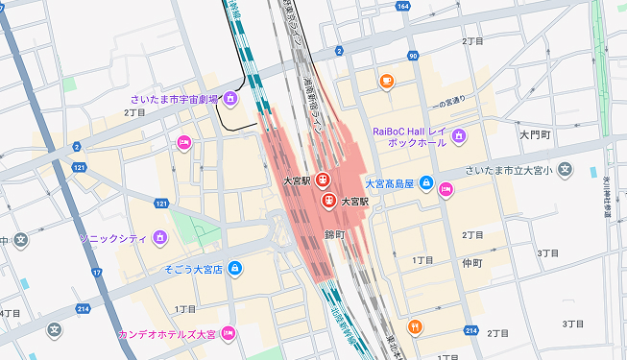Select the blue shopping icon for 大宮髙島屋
425,183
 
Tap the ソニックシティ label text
110,237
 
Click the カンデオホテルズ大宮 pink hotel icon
229,334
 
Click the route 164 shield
401,7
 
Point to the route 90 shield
412,57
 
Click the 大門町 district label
534,135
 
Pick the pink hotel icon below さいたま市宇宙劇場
183,143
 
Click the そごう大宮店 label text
193,270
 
